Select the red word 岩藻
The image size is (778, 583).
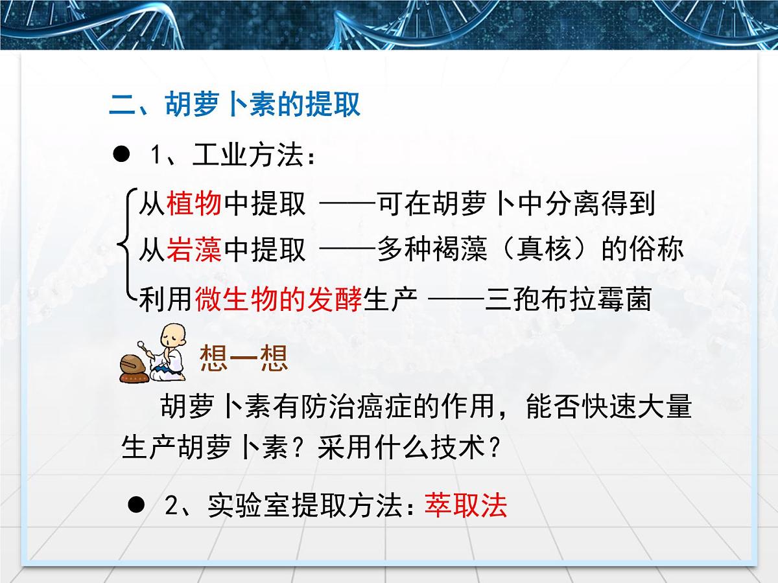point(194,249)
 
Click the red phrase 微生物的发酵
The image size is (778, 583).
point(277,300)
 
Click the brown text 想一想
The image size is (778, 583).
point(243,358)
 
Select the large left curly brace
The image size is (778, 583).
point(125,246)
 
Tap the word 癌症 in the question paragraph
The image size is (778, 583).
point(373,407)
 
